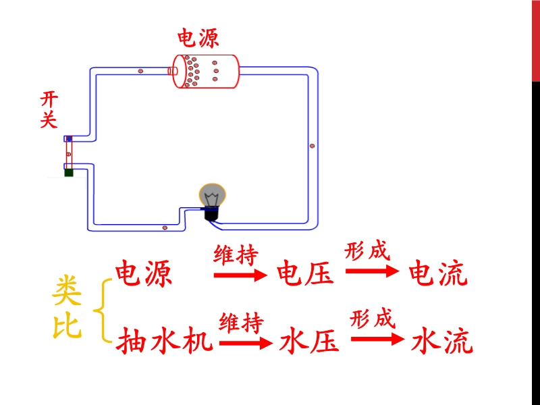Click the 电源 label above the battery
(198, 37)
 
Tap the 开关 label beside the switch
(49, 110)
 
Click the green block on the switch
(69, 173)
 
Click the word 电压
(306, 274)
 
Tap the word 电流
(438, 274)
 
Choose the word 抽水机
(165, 342)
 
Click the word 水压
(308, 342)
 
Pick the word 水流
(442, 342)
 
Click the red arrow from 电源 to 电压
(240, 275)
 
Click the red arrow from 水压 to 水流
(375, 340)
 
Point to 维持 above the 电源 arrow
(236, 256)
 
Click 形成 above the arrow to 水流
(372, 318)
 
